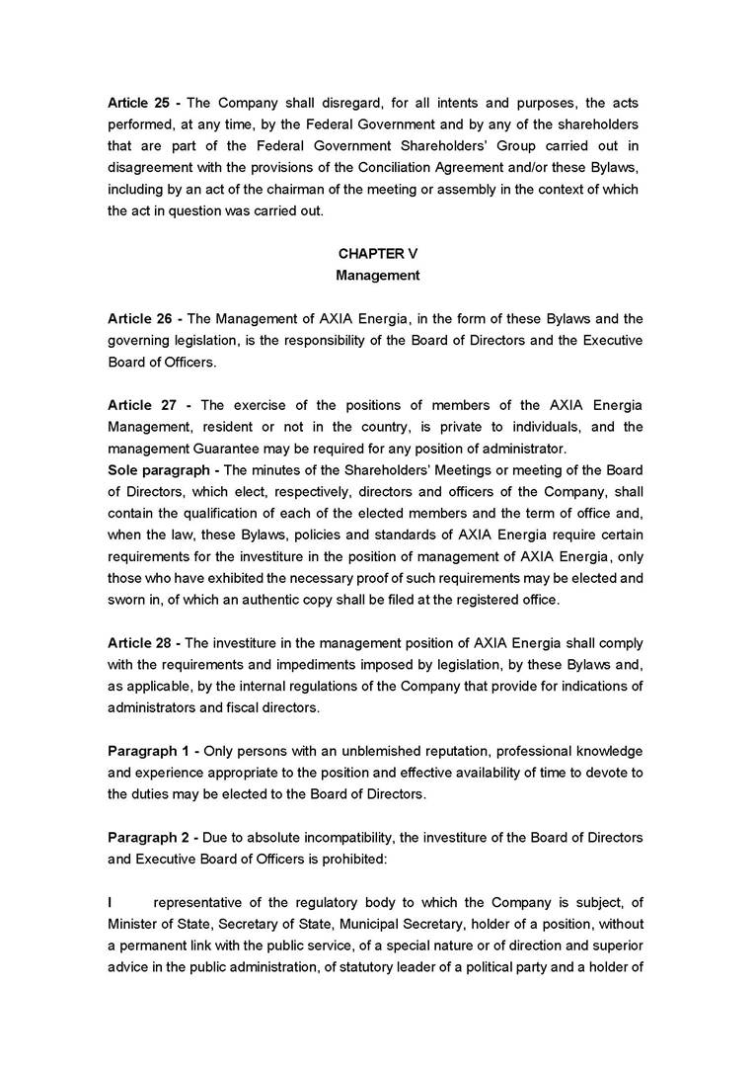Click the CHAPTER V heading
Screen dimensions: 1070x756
point(378,254)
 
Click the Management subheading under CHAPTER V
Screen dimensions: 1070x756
point(378,276)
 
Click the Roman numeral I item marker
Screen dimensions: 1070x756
point(111,902)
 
